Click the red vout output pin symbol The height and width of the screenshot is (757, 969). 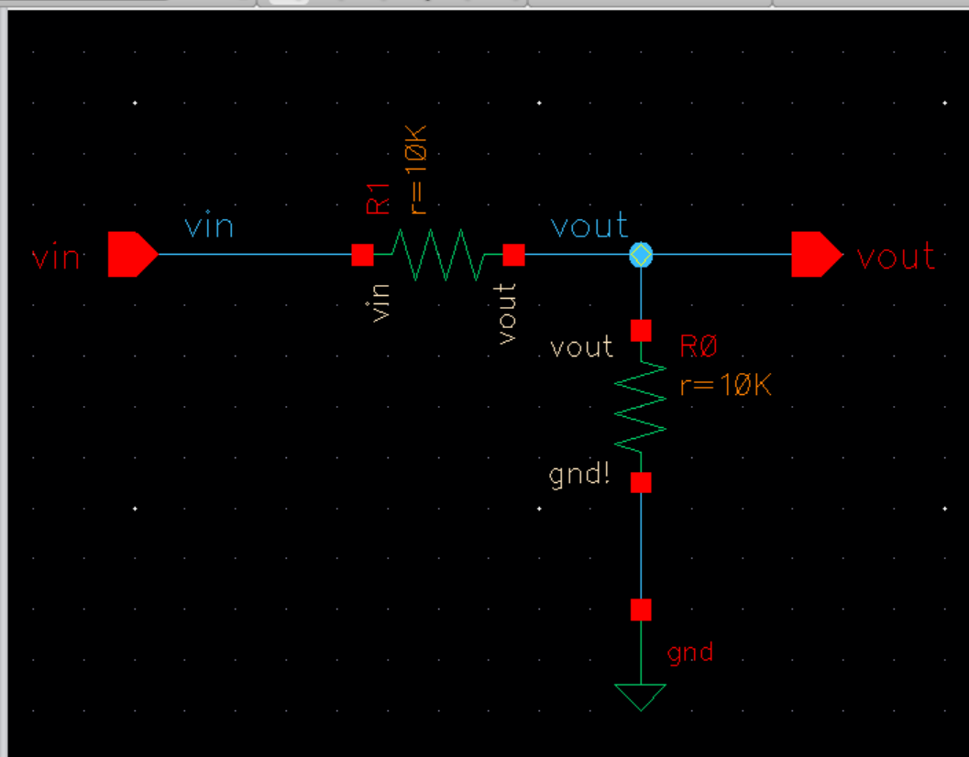point(815,255)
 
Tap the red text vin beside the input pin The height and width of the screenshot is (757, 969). point(56,258)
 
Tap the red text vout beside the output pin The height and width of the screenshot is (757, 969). point(896,258)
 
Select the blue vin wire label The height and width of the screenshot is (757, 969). point(209,225)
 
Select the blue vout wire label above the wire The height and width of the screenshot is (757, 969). point(589,225)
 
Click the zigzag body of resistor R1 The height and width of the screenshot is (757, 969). point(437,255)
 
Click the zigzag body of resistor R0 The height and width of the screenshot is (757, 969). point(640,404)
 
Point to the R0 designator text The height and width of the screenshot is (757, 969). point(699,347)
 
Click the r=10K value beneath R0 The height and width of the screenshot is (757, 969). point(725,386)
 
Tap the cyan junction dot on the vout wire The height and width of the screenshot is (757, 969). point(640,255)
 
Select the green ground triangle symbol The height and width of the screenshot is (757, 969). point(640,697)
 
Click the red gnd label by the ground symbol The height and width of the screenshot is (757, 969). point(690,653)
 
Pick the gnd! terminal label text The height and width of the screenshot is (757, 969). point(579,475)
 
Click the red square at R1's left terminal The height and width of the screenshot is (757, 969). point(362,255)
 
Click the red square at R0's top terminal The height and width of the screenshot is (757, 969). point(640,329)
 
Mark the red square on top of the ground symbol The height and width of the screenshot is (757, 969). point(640,609)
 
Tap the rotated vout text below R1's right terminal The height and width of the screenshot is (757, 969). point(506,313)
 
